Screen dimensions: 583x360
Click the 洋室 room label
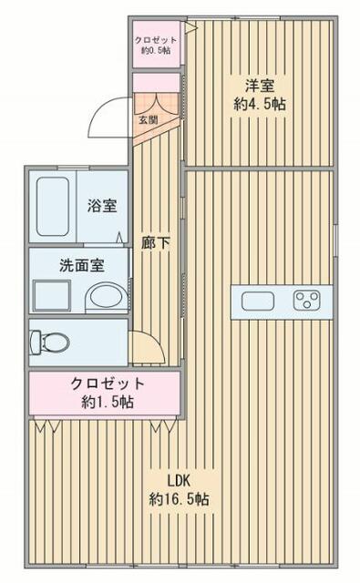click(259, 87)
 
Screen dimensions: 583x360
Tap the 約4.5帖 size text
click(259, 105)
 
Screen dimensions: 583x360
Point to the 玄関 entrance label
click(148, 118)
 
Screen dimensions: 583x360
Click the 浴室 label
click(100, 206)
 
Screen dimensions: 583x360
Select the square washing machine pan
click(51, 296)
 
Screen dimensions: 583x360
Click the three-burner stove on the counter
click(307, 300)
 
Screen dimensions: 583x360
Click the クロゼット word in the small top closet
click(155, 39)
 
